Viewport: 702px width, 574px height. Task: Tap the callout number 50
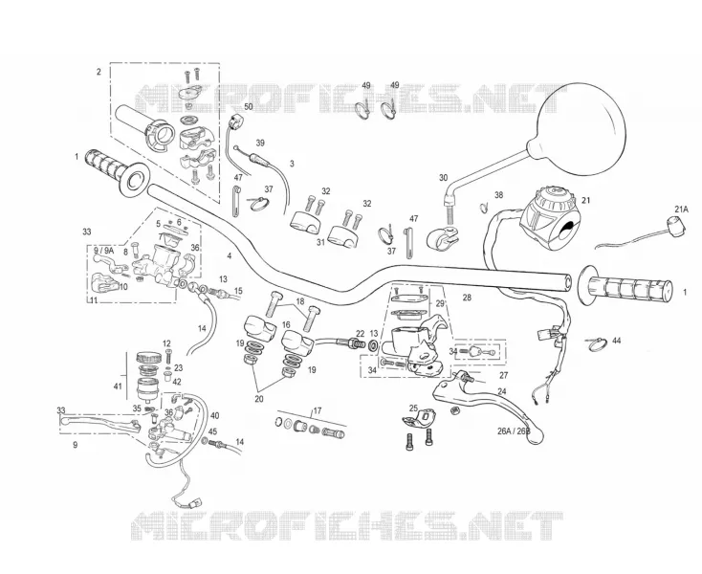click(x=248, y=106)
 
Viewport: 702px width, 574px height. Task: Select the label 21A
click(x=681, y=210)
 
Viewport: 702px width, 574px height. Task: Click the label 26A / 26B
click(x=514, y=431)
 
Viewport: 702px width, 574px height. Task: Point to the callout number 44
click(x=617, y=341)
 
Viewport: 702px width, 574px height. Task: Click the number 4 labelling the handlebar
click(x=230, y=256)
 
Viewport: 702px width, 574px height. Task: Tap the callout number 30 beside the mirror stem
click(x=443, y=178)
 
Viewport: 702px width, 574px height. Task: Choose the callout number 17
click(x=317, y=410)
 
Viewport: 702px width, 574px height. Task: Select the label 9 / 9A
click(x=103, y=251)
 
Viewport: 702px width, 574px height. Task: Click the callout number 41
click(x=118, y=386)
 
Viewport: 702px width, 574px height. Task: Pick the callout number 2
click(x=99, y=72)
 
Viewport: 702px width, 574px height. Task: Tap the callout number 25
click(x=414, y=408)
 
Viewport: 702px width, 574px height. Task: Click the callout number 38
click(x=498, y=195)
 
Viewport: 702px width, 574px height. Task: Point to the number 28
click(x=467, y=298)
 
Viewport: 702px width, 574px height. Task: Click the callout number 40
click(x=215, y=415)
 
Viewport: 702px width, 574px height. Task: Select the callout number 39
click(x=260, y=143)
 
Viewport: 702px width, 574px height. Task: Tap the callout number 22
click(x=361, y=333)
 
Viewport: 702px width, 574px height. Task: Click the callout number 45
click(x=212, y=431)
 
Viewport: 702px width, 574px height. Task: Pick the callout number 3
click(x=292, y=164)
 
